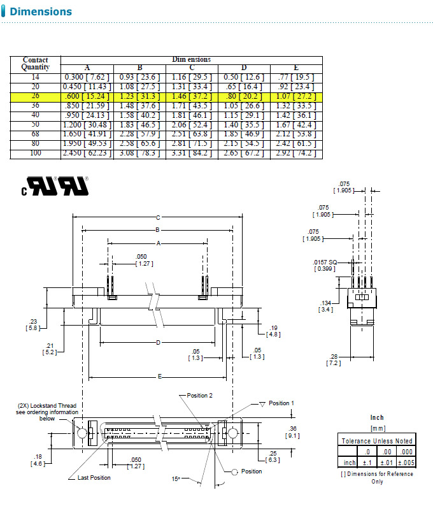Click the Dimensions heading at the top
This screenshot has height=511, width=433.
pyautogui.click(x=41, y=11)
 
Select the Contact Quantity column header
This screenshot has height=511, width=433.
pyautogui.click(x=35, y=63)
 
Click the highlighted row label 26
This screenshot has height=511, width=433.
pyautogui.click(x=35, y=96)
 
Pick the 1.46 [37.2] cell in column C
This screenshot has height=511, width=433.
pyautogui.click(x=192, y=96)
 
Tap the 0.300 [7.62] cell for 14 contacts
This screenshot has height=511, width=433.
pyautogui.click(x=87, y=77)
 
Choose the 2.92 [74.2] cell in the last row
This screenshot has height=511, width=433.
pyautogui.click(x=296, y=154)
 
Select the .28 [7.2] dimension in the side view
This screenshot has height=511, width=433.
pyautogui.click(x=334, y=359)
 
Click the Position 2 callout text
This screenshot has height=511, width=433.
pyautogui.click(x=199, y=396)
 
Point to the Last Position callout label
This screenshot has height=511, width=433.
pyautogui.click(x=94, y=477)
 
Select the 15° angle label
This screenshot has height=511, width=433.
pyautogui.click(x=175, y=478)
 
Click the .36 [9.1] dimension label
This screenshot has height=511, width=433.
pyautogui.click(x=292, y=432)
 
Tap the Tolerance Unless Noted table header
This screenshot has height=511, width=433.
pyautogui.click(x=377, y=440)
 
